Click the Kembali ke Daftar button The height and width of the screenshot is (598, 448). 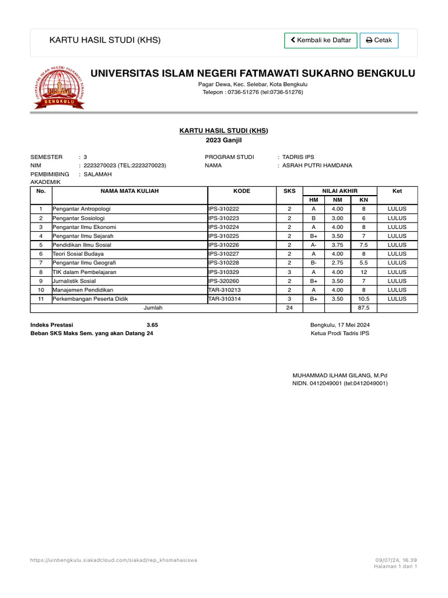(321, 40)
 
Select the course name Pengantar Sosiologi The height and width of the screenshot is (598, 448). (76, 218)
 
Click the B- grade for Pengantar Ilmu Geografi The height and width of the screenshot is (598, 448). (313, 263)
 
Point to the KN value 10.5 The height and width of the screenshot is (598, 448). (363, 298)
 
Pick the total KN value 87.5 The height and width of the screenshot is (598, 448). (363, 307)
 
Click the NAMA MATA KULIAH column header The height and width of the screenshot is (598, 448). (129, 191)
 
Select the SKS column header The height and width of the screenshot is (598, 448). (289, 191)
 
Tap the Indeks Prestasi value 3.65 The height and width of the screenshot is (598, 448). (152, 325)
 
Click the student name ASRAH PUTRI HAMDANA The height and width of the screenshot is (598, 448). (317, 165)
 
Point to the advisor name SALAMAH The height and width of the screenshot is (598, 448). (97, 174)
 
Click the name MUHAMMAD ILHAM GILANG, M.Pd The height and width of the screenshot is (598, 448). (339, 375)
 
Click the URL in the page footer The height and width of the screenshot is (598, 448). (113, 560)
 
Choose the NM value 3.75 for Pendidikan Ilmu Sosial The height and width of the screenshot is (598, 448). (337, 245)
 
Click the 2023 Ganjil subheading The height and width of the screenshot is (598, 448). (223, 140)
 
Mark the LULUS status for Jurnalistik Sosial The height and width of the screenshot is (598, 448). (397, 281)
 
